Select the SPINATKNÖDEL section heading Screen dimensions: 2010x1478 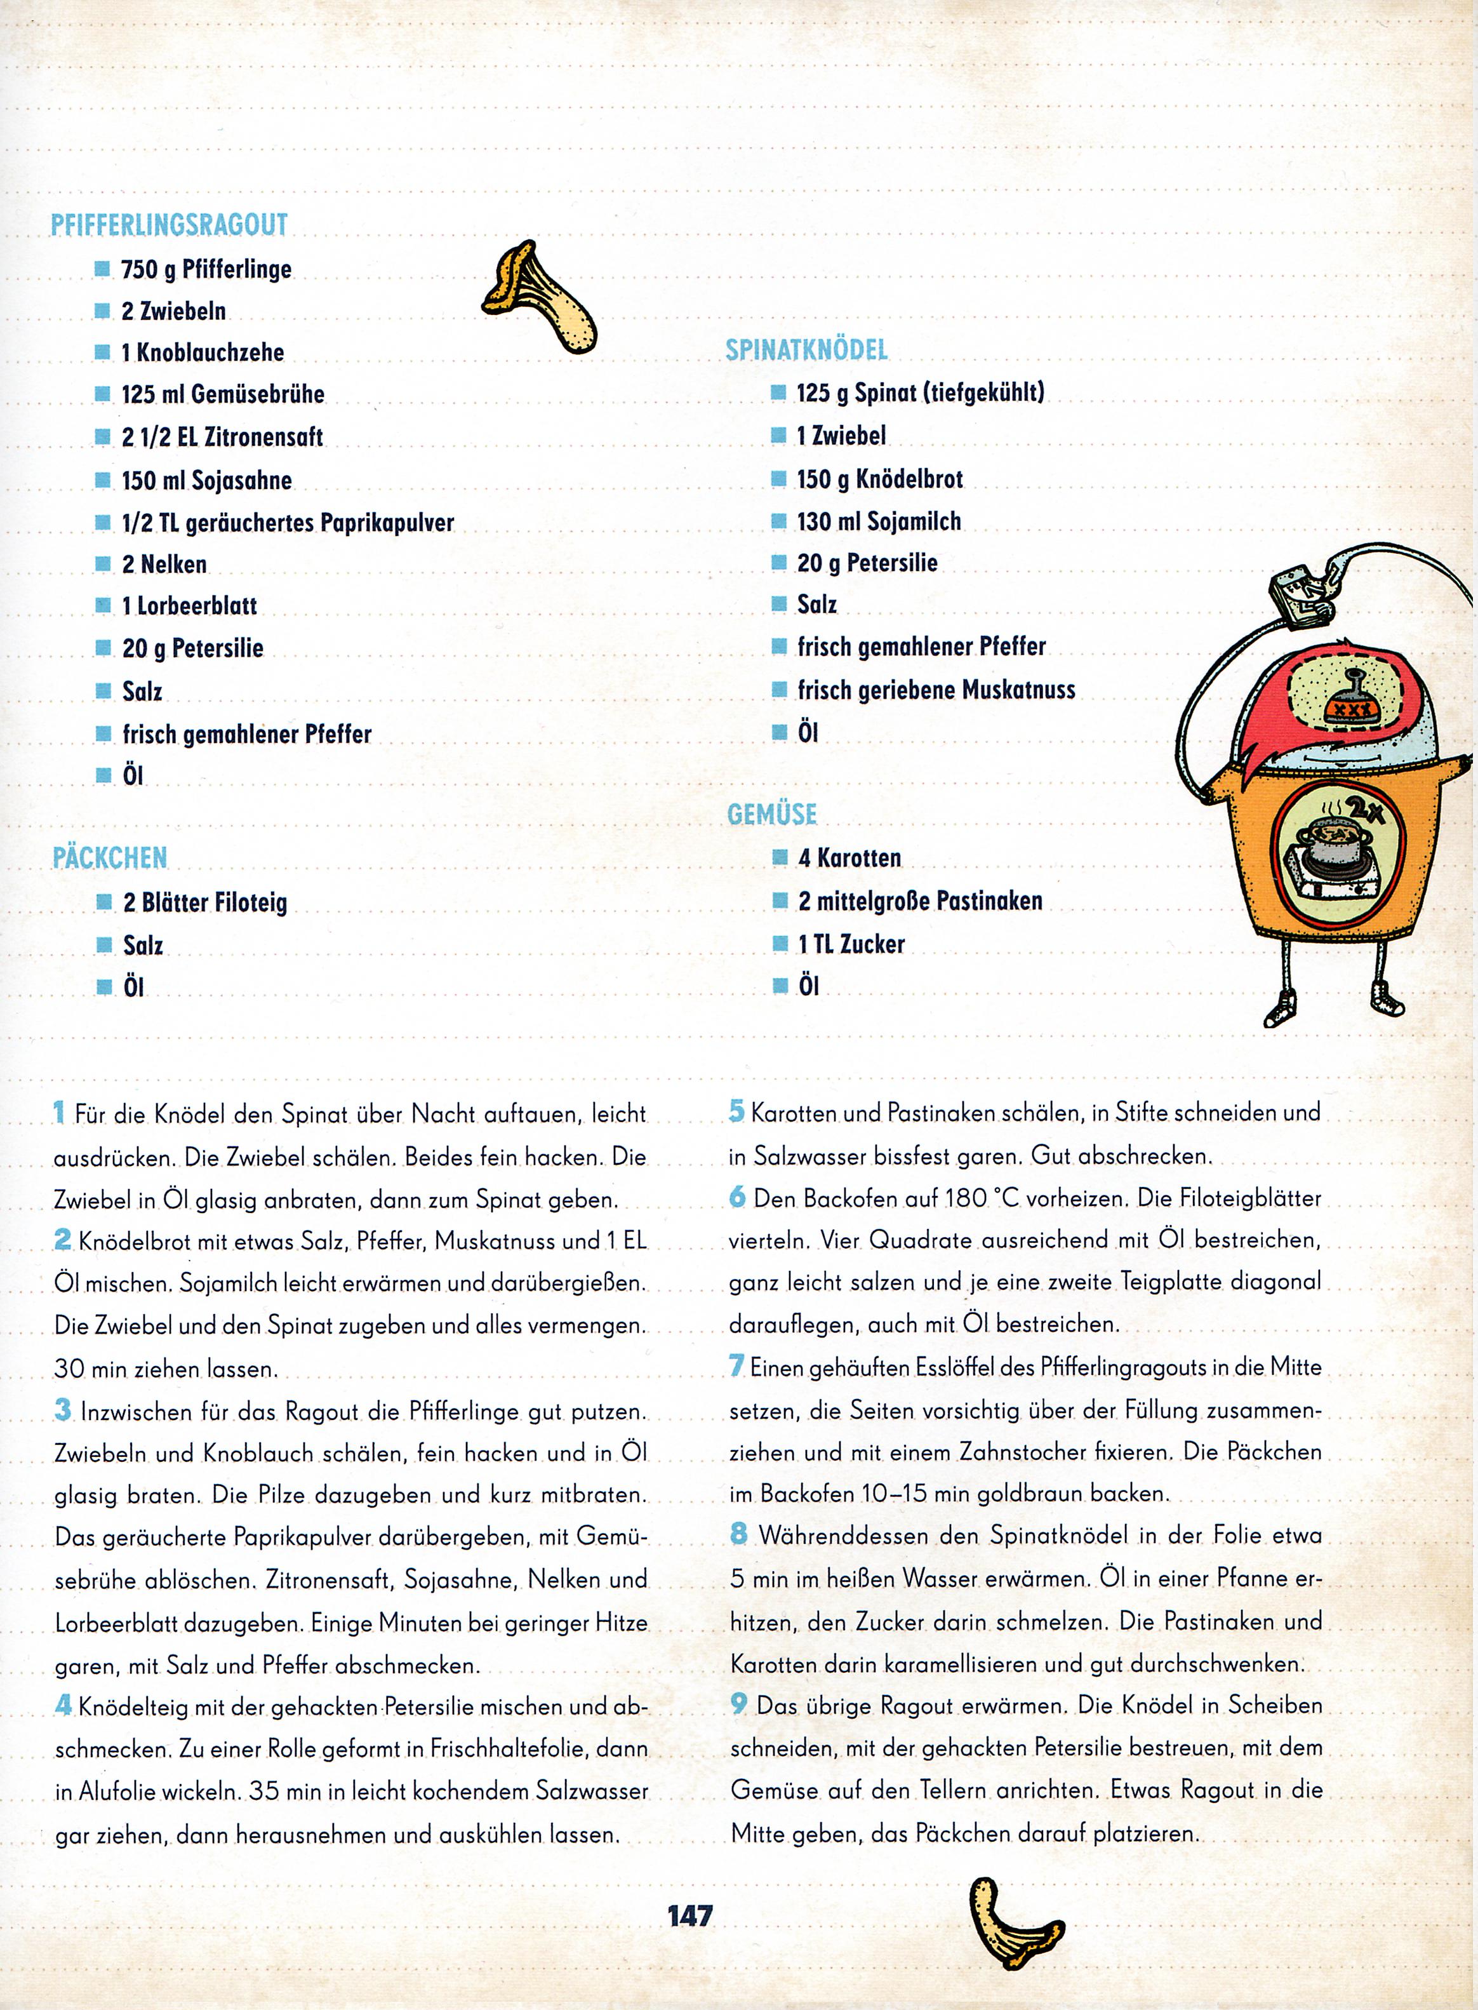click(806, 350)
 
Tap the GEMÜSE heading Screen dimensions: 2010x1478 click(772, 814)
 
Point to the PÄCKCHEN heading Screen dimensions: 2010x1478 click(109, 857)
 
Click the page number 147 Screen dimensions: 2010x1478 click(689, 1915)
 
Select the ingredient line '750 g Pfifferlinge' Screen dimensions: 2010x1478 click(207, 269)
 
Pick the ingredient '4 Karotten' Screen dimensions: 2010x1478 click(849, 858)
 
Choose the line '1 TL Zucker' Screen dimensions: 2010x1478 click(851, 944)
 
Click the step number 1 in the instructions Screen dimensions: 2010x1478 click(59, 1114)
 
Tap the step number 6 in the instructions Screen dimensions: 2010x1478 click(737, 1197)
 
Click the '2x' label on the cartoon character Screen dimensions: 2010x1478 click(1366, 811)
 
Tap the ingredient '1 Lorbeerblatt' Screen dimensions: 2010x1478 click(189, 606)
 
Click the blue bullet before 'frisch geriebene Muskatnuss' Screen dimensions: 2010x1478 click(778, 690)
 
